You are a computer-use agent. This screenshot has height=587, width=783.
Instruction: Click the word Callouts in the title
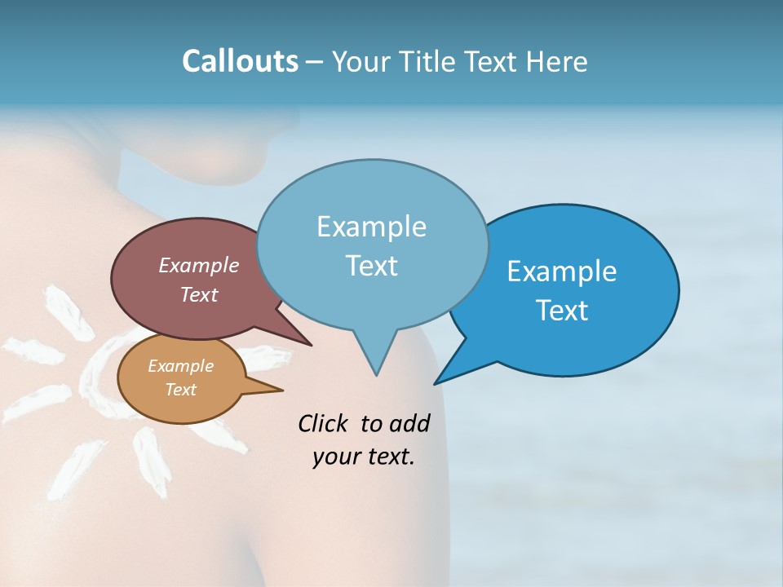pos(240,62)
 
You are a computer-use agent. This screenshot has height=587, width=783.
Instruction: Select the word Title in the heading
pos(430,62)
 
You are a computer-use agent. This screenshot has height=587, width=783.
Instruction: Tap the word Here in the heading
pos(555,62)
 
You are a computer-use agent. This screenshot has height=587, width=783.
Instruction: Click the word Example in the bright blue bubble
pos(561,271)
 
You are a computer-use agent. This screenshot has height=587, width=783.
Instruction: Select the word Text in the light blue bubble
pos(371,266)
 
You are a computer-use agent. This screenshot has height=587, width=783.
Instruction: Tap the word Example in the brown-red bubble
pos(198,265)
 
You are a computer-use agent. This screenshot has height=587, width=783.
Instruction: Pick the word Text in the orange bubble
pos(180,390)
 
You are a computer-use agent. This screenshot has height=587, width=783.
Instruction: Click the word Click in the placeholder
pos(324,423)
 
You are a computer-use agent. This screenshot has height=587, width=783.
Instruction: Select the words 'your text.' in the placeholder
pos(364,457)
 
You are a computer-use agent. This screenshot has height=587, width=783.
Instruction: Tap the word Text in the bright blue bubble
pos(563,311)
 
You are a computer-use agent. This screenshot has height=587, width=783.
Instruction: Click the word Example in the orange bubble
pos(180,366)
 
